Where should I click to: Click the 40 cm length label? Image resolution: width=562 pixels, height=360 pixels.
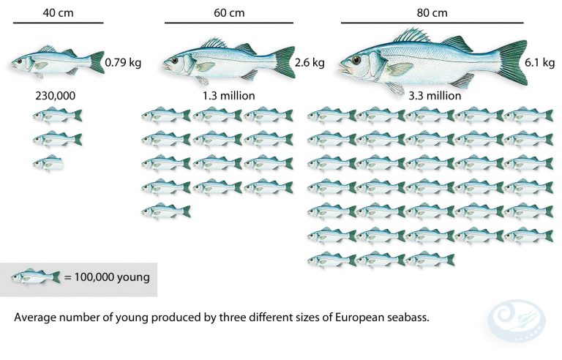[58, 12]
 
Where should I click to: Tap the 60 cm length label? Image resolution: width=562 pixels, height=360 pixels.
[228, 12]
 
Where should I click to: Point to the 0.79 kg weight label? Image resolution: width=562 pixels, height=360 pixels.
[123, 63]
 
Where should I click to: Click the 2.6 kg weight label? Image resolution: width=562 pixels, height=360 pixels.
[309, 63]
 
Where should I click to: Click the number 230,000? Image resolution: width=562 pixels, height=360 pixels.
[56, 96]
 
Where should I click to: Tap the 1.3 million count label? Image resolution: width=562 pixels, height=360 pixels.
[228, 96]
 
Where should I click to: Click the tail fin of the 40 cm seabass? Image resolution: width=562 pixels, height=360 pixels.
[97, 62]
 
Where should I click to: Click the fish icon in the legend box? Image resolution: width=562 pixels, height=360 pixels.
[36, 277]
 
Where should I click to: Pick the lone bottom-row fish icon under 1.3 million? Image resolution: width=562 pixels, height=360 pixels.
[166, 211]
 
